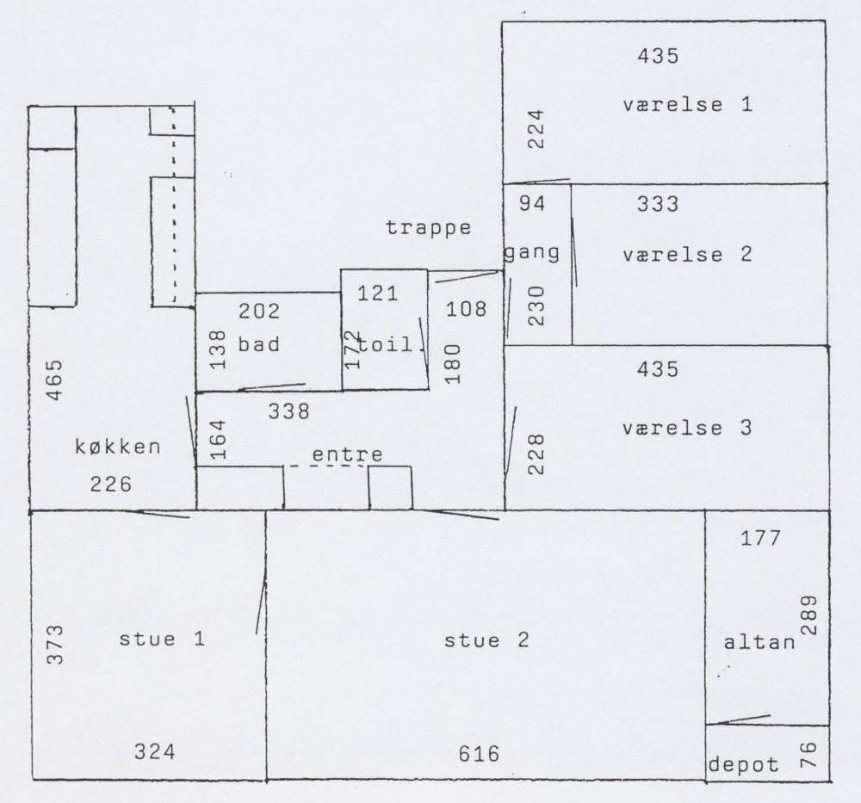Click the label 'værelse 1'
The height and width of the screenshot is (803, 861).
click(687, 104)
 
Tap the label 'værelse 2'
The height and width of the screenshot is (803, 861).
click(687, 255)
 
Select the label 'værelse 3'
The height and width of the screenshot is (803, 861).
click(687, 428)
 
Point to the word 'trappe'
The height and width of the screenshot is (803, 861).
click(428, 228)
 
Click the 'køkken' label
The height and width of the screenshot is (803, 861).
click(118, 446)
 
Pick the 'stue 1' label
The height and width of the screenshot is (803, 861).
click(162, 639)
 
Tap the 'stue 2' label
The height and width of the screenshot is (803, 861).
click(486, 640)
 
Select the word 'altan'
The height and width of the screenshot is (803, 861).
click(759, 642)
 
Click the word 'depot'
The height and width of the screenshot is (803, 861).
click(744, 764)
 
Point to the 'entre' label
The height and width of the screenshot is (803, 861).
click(348, 454)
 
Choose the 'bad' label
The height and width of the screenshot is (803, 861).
click(259, 344)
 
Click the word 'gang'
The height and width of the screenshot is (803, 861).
click(532, 253)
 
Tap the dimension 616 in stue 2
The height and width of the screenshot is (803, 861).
click(480, 754)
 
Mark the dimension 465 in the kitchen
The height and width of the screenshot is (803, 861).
click(53, 380)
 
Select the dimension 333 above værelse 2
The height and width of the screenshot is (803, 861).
click(658, 204)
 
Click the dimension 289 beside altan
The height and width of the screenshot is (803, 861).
click(809, 615)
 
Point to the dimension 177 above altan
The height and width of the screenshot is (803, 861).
click(760, 539)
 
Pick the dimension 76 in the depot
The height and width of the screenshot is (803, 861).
click(809, 755)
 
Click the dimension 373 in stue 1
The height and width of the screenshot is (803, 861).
click(55, 644)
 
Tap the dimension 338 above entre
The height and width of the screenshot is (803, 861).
click(288, 411)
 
